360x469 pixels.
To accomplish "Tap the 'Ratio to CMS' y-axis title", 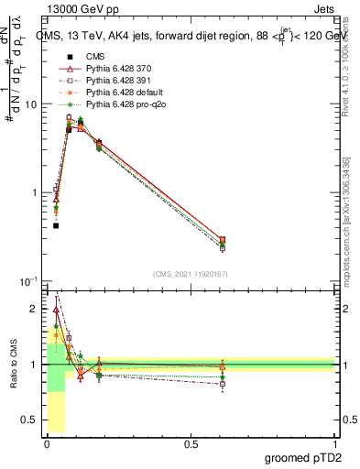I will point(14,365).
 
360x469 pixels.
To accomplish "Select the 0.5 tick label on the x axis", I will point(191,444).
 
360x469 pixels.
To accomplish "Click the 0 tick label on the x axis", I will point(47,444).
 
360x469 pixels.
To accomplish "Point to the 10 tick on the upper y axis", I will point(31,104).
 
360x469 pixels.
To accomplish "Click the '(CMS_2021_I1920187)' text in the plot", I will point(190,273).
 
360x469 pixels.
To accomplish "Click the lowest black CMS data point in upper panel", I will point(56,225).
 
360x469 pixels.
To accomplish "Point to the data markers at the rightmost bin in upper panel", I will point(248,242).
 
